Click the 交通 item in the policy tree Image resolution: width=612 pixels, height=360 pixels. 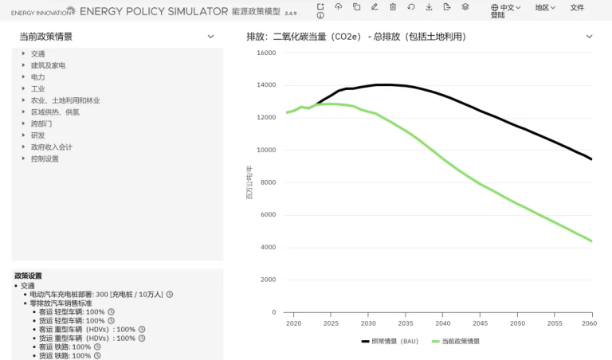click(x=37, y=54)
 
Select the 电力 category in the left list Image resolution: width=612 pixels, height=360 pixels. click(x=37, y=77)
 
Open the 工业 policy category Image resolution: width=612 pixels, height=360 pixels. click(x=37, y=89)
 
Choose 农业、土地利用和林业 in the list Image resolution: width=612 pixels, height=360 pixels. click(x=65, y=101)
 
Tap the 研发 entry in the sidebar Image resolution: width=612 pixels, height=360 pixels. click(x=37, y=135)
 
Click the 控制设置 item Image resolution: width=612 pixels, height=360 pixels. click(x=45, y=158)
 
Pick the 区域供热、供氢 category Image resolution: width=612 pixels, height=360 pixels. click(x=55, y=112)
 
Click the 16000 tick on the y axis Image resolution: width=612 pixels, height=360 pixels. click(x=265, y=53)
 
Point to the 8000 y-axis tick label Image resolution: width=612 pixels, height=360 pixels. click(x=268, y=182)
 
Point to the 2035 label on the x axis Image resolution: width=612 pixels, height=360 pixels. click(x=406, y=324)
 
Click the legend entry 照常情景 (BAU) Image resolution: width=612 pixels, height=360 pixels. click(x=390, y=341)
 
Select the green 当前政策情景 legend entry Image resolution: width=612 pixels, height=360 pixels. click(x=456, y=341)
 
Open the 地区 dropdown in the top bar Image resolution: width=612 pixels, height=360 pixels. click(x=545, y=7)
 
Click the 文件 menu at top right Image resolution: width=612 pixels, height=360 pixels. click(x=577, y=7)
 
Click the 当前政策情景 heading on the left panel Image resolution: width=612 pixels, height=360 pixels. click(x=46, y=37)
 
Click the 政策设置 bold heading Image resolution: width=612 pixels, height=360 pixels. click(x=28, y=276)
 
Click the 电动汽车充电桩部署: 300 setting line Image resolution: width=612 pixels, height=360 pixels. click(x=96, y=295)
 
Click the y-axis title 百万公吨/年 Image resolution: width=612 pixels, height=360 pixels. click(x=249, y=182)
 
